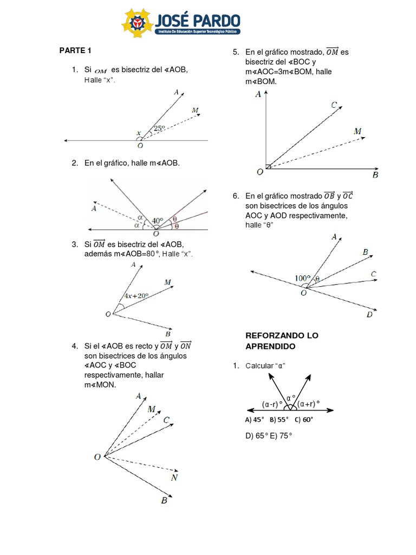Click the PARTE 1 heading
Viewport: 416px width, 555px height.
coord(75,50)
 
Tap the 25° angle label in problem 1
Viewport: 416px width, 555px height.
coord(159,128)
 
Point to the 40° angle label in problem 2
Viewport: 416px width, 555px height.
coord(158,221)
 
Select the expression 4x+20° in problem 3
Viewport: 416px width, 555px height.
coord(136,296)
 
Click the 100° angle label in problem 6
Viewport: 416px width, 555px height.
coord(302,278)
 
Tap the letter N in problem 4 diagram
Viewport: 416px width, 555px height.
coord(174,477)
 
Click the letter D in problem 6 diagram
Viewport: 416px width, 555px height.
coord(369,314)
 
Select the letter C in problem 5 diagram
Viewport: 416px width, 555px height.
coord(335,105)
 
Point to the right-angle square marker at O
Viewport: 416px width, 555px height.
coord(268,166)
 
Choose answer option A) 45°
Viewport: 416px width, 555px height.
coord(255,420)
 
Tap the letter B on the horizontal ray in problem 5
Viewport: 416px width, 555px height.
coord(375,175)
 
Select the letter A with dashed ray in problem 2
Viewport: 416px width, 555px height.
coord(94,208)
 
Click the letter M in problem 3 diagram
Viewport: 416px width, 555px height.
coord(167,282)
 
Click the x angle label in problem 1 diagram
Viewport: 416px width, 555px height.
coord(138,132)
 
